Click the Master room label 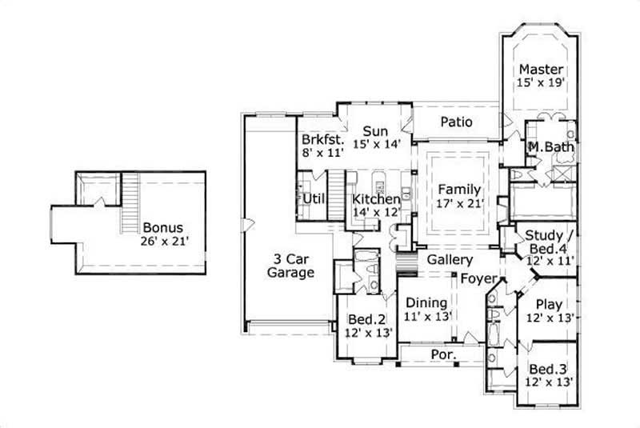(x=541, y=70)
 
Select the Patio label (x=456, y=122)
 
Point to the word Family (x=459, y=190)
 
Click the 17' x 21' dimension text (x=459, y=204)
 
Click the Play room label (x=548, y=304)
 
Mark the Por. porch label (x=443, y=354)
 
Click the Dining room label (x=424, y=303)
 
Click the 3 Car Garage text (x=290, y=265)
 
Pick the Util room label (x=314, y=198)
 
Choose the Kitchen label (x=376, y=198)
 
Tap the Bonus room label (x=163, y=227)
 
